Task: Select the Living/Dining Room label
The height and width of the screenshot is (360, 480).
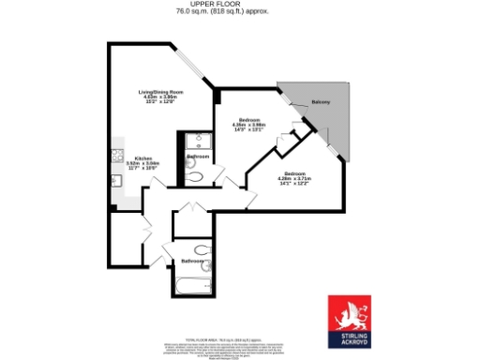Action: coord(160,91)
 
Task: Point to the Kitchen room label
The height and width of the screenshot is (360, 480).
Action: coord(143,157)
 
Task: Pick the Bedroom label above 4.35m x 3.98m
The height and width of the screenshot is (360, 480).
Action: coord(248,120)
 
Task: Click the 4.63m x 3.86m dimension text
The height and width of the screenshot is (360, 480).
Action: coord(160,97)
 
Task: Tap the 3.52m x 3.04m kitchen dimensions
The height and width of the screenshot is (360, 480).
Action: coord(143,163)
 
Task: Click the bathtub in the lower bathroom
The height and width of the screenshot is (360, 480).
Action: coord(189,288)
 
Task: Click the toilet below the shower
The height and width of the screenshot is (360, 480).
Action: coord(191,176)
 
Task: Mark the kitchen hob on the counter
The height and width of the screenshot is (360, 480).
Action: coord(117,154)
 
